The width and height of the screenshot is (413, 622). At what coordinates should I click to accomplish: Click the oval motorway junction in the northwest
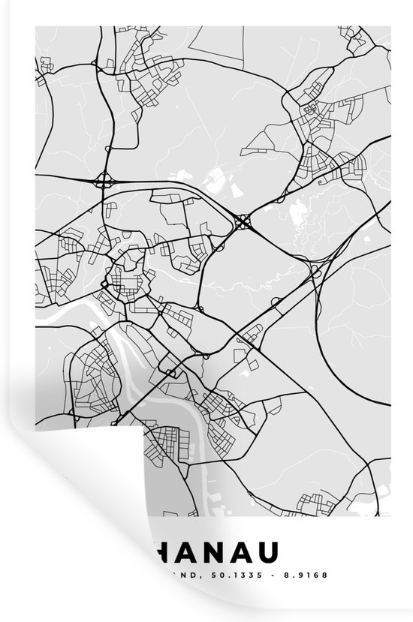[x=104, y=181]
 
